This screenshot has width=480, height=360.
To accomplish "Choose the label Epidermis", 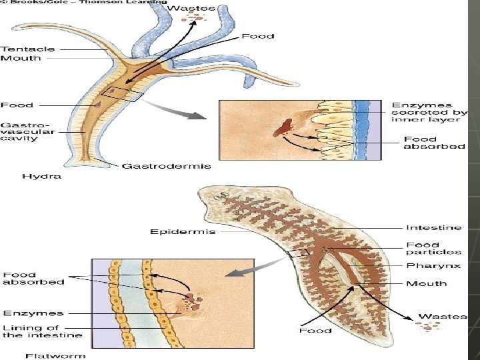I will (173, 231).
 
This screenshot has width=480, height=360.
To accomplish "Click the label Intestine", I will (433, 227).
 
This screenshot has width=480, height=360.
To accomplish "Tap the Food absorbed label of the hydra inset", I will (434, 142).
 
